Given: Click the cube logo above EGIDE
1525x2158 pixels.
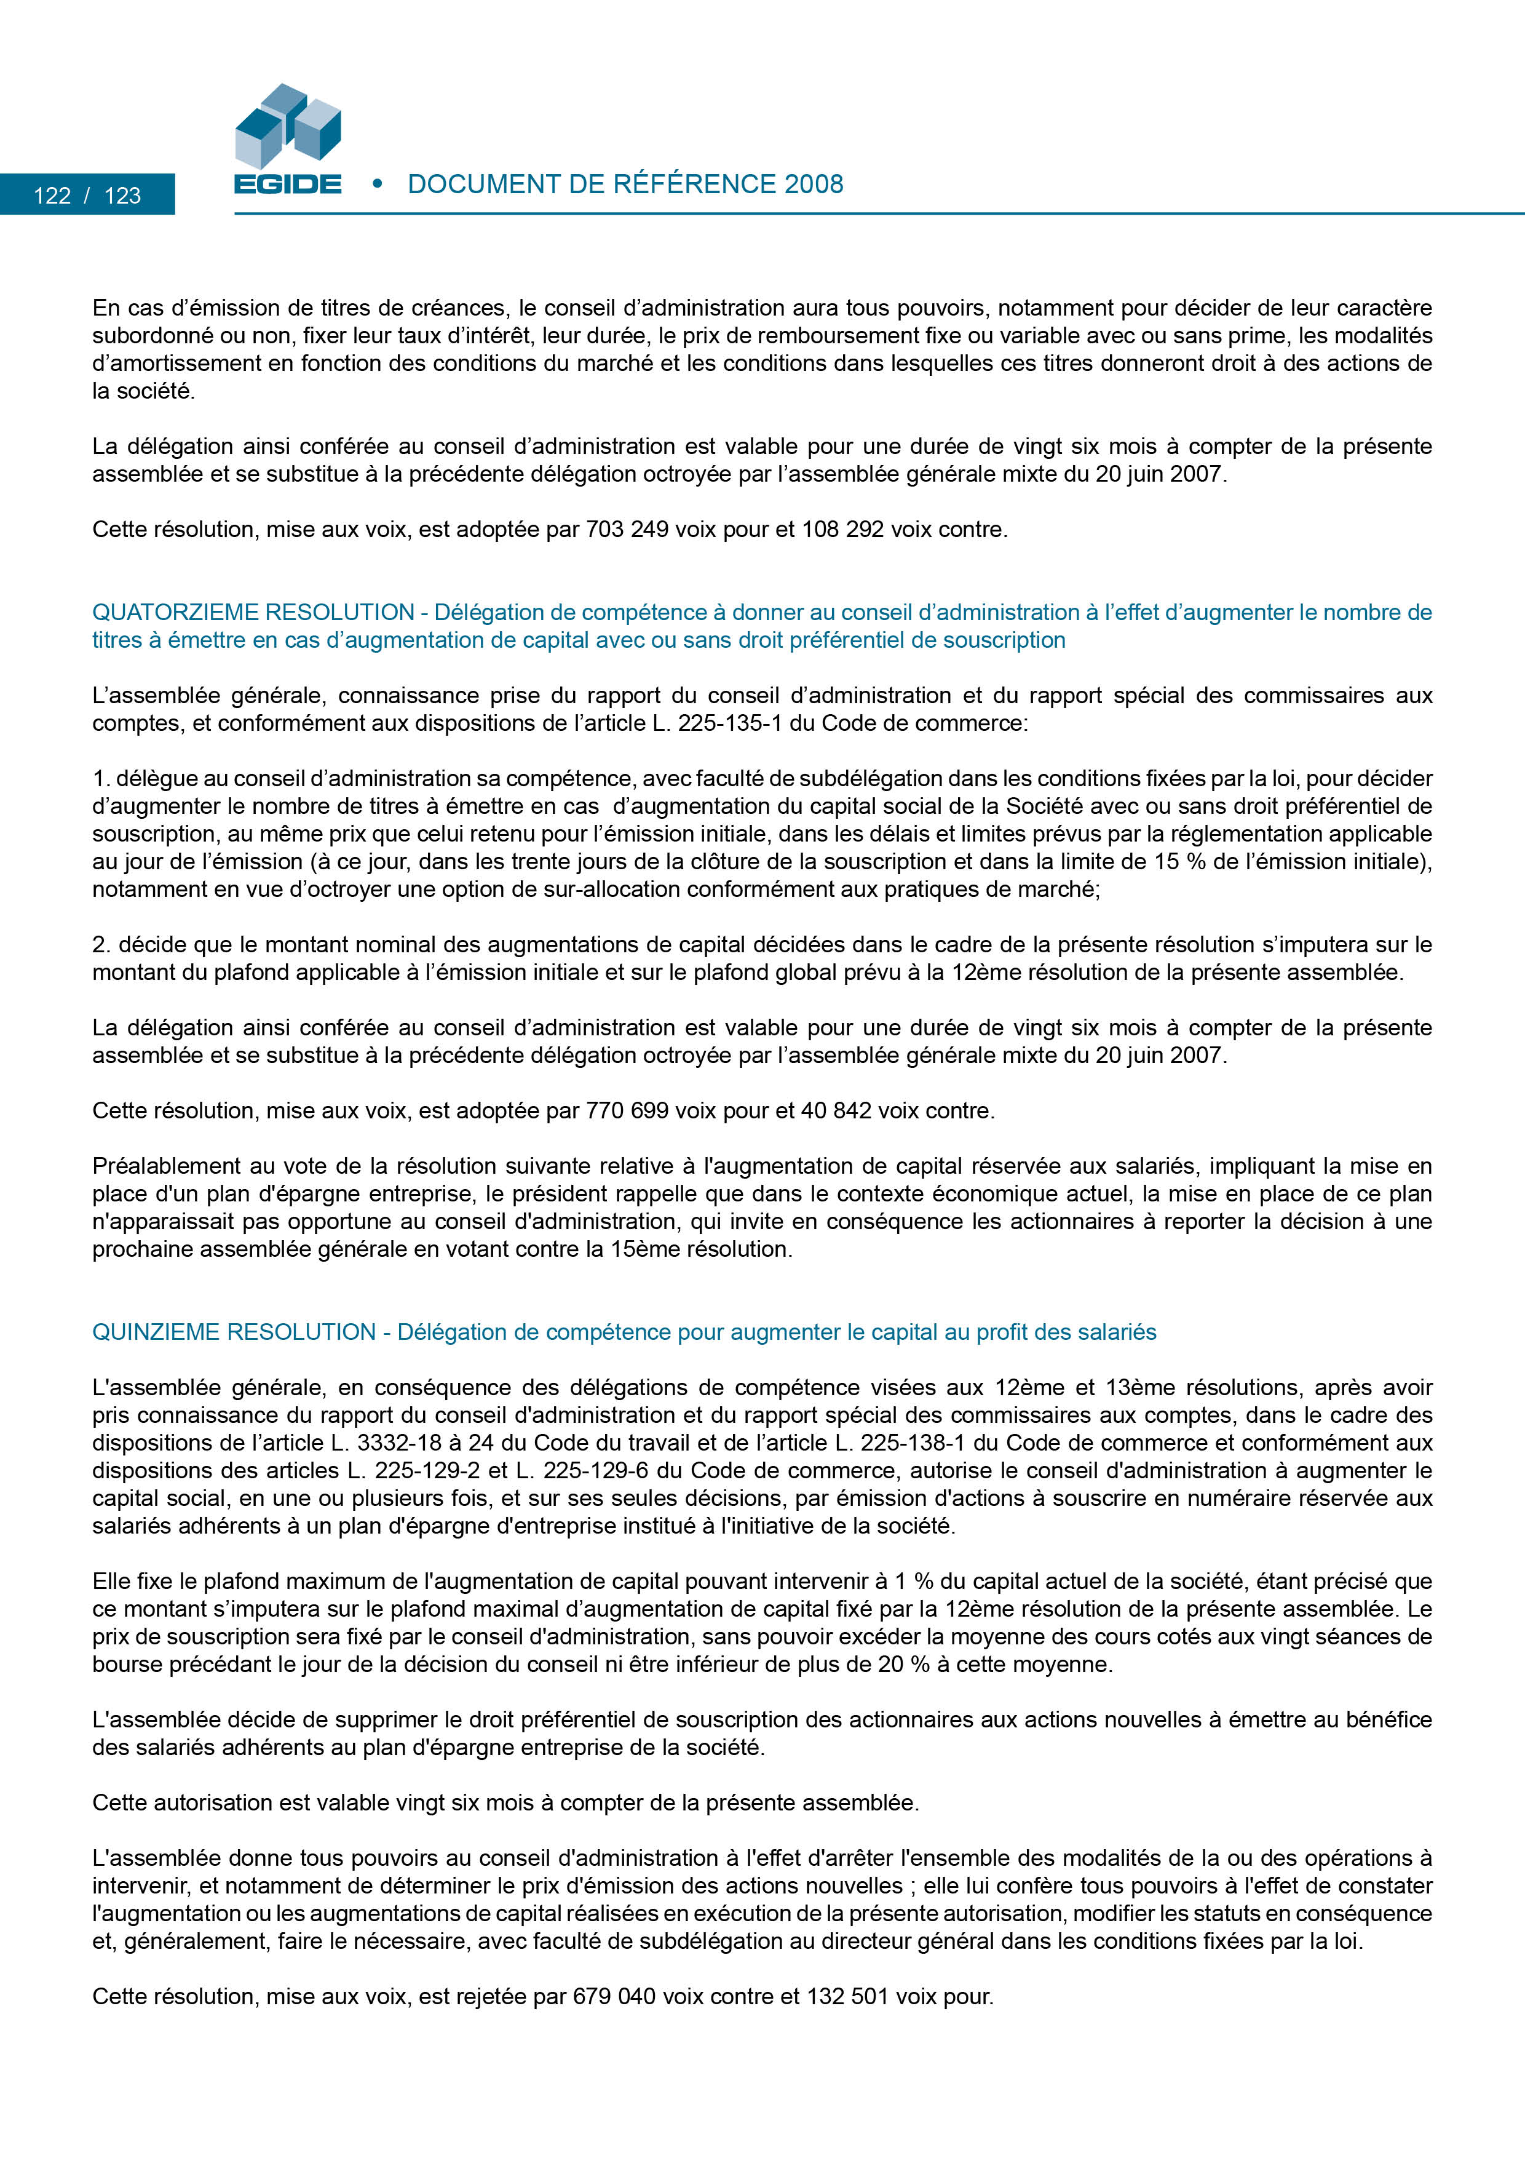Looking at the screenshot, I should click(288, 126).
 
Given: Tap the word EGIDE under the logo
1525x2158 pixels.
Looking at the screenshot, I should click(288, 184).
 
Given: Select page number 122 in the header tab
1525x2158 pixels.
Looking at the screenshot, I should click(53, 196).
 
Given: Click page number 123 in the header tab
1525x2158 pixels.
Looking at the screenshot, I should click(122, 196).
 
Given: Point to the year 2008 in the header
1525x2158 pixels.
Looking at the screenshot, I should click(814, 184).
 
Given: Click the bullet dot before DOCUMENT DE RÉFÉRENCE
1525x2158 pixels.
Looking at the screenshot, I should click(378, 183).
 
